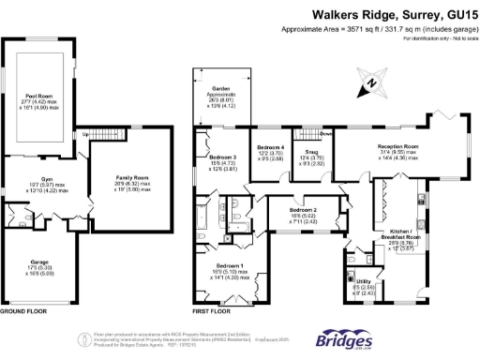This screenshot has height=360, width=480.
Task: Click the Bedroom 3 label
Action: [x=222, y=157]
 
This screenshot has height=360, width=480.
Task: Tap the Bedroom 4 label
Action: [x=270, y=147]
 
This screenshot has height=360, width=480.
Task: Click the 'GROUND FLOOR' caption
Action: [x=25, y=309]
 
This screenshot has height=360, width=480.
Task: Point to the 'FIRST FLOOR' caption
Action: [x=212, y=309]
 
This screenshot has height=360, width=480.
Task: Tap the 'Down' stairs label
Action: [x=325, y=133]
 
